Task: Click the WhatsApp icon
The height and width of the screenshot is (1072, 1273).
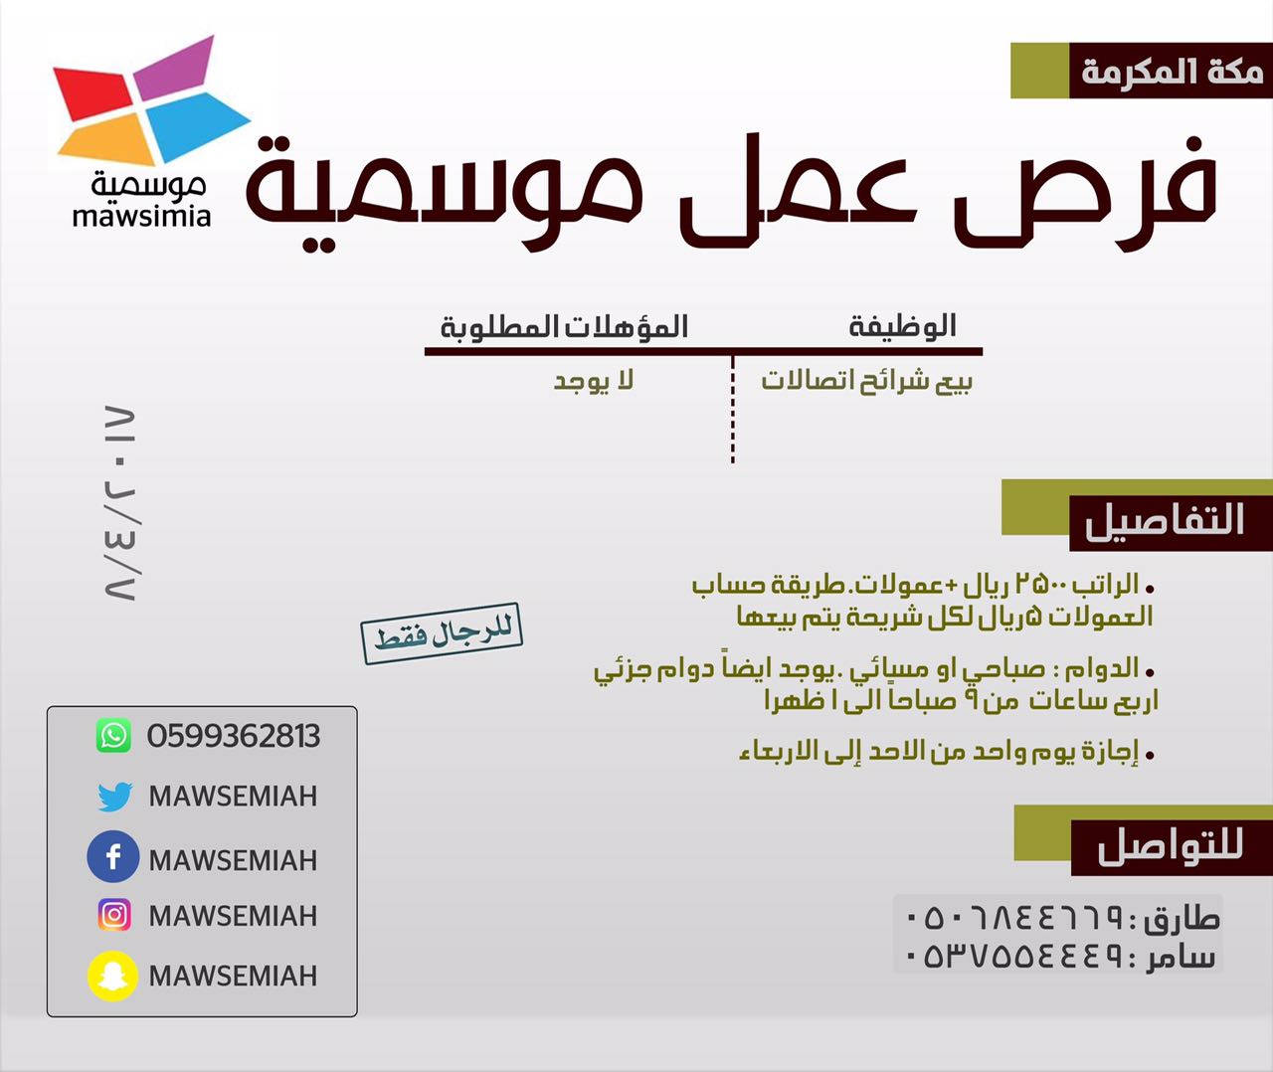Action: (113, 736)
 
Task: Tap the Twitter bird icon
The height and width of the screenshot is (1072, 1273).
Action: (114, 797)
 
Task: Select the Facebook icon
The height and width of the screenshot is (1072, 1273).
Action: (113, 856)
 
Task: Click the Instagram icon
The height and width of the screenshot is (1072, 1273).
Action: (114, 915)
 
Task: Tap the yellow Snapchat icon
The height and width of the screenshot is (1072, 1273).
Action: (112, 976)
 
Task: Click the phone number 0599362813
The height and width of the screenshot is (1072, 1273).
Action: (234, 736)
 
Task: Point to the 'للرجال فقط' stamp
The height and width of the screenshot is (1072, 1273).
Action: (442, 633)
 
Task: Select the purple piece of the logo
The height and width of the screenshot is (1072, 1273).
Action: (175, 67)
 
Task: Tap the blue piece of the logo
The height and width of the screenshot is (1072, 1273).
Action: (195, 125)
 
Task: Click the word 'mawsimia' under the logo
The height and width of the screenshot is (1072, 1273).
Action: (141, 217)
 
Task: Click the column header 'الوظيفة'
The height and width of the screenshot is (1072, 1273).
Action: (903, 326)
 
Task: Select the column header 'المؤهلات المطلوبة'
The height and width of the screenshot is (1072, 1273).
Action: (565, 327)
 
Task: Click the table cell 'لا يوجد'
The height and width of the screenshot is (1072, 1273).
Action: (593, 381)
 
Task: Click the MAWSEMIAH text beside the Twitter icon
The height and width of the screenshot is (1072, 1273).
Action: (234, 797)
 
